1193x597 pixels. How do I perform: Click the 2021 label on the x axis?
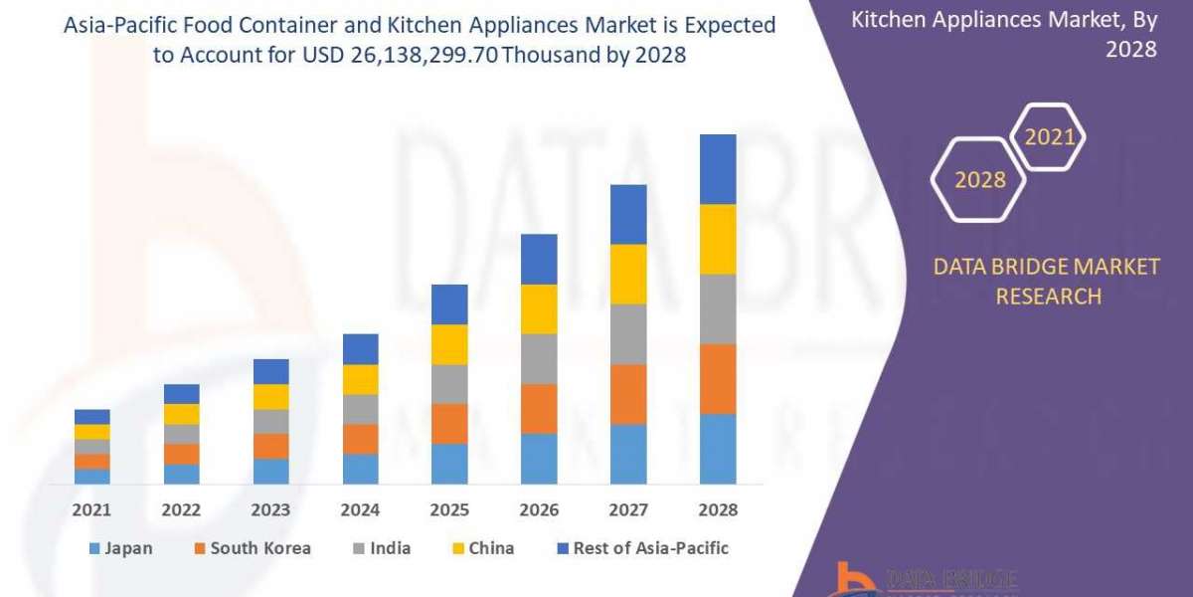(x=91, y=509)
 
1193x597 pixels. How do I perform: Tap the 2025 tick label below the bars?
(x=449, y=509)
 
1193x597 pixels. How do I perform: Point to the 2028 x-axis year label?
(x=718, y=509)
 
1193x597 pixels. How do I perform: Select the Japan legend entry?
(x=120, y=548)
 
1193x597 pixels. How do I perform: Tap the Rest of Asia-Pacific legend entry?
(x=638, y=548)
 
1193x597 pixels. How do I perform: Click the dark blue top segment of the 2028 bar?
(x=718, y=169)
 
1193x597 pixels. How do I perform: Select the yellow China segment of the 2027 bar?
(x=628, y=274)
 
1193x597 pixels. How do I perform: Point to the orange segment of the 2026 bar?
(x=539, y=409)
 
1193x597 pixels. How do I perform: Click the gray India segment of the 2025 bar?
(x=449, y=384)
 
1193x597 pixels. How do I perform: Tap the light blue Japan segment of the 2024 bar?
(x=360, y=469)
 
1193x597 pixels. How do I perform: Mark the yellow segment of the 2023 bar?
(x=270, y=397)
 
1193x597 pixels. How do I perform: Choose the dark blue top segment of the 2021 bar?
(x=91, y=417)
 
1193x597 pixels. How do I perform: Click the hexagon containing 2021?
(x=1049, y=137)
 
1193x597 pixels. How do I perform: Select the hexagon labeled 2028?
(x=978, y=180)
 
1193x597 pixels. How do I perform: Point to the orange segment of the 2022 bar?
(x=181, y=454)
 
